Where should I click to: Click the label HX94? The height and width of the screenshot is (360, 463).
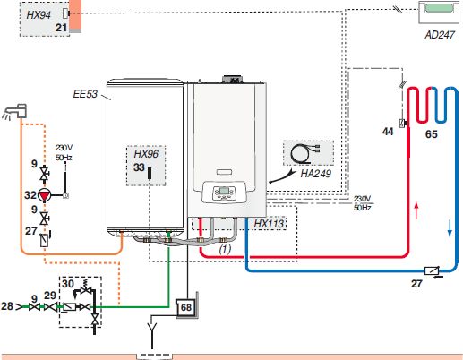pyautogui.click(x=39, y=14)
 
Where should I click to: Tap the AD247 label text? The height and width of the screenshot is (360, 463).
pyautogui.click(x=440, y=35)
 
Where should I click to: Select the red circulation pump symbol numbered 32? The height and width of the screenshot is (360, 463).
pyautogui.click(x=45, y=195)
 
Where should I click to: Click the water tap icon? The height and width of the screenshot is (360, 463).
pyautogui.click(x=15, y=112)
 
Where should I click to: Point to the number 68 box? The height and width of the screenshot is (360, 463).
pyautogui.click(x=185, y=307)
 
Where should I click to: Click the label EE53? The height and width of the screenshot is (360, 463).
pyautogui.click(x=85, y=94)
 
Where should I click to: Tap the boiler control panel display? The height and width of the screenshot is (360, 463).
pyautogui.click(x=224, y=191)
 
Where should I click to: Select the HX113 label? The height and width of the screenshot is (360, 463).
pyautogui.click(x=269, y=223)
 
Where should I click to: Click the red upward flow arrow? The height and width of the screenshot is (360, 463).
pyautogui.click(x=416, y=210)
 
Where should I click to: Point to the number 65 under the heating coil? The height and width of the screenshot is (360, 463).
pyautogui.click(x=432, y=134)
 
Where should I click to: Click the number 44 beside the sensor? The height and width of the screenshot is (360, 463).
pyautogui.click(x=388, y=132)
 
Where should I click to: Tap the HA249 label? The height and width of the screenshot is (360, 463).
pyautogui.click(x=315, y=174)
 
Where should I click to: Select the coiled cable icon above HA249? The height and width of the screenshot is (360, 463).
pyautogui.click(x=305, y=154)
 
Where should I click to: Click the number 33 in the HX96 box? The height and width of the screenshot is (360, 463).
pyautogui.click(x=139, y=167)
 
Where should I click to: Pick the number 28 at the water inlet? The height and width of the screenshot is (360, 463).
pyautogui.click(x=6, y=306)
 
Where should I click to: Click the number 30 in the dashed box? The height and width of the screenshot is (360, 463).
pyautogui.click(x=68, y=283)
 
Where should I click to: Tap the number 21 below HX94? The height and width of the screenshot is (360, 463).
pyautogui.click(x=61, y=28)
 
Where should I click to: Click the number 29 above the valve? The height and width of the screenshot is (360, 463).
pyautogui.click(x=50, y=296)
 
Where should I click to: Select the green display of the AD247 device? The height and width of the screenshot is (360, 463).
pyautogui.click(x=439, y=8)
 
